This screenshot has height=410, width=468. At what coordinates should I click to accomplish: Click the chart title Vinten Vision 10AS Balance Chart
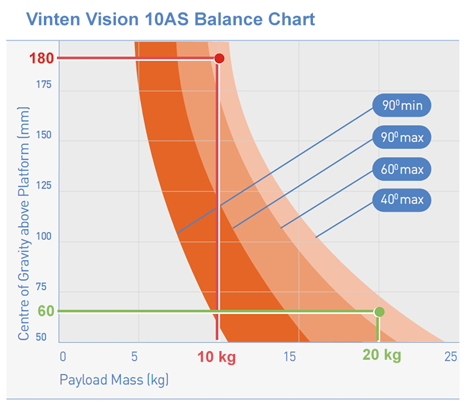pyautogui.click(x=171, y=19)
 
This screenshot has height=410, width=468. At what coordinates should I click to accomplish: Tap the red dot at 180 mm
pyautogui.click(x=219, y=58)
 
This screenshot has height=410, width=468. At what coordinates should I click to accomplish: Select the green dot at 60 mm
pyautogui.click(x=379, y=311)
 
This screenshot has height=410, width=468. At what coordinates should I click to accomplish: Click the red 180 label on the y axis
pyautogui.click(x=42, y=58)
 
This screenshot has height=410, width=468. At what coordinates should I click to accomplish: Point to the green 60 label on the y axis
pyautogui.click(x=46, y=311)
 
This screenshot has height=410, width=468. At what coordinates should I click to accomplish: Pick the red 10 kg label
pyautogui.click(x=216, y=357)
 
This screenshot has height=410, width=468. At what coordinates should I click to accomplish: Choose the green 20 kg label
pyautogui.click(x=381, y=355)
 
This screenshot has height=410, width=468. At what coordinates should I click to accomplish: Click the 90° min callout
pyautogui.click(x=402, y=106)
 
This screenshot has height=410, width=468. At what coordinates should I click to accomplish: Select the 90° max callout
pyautogui.click(x=402, y=138)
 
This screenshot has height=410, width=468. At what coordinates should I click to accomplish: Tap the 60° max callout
pyautogui.click(x=402, y=169)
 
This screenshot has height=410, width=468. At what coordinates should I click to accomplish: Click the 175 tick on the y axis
pyautogui.click(x=43, y=85)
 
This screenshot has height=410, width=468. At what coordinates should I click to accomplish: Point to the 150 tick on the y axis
pyautogui.click(x=43, y=135)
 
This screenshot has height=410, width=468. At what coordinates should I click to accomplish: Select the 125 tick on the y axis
pyautogui.click(x=43, y=186)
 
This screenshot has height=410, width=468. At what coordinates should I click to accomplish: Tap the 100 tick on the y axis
pyautogui.click(x=43, y=237)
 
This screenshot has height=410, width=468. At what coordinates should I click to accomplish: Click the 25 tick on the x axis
pyautogui.click(x=450, y=357)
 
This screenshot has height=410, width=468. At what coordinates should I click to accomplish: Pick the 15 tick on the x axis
pyautogui.click(x=290, y=357)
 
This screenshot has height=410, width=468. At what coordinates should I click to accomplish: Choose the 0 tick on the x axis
pyautogui.click(x=63, y=357)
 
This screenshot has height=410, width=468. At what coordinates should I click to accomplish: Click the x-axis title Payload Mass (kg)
pyautogui.click(x=114, y=380)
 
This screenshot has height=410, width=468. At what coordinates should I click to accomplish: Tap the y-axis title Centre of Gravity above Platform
pyautogui.click(x=23, y=223)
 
